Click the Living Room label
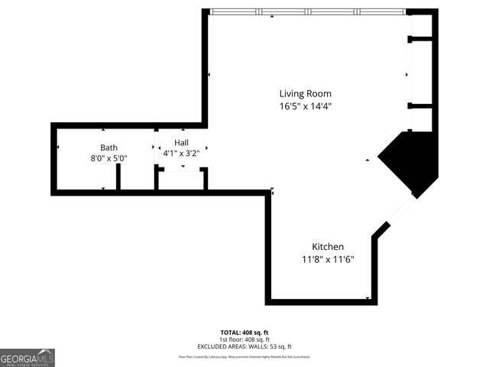click(x=305, y=93)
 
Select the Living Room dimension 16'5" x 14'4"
click(x=305, y=106)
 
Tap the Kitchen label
click(x=327, y=246)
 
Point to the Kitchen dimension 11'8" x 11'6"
click(x=327, y=259)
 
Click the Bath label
click(x=108, y=148)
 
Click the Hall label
click(x=181, y=143)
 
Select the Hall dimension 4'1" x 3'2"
click(x=181, y=153)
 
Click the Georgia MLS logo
click(x=28, y=358)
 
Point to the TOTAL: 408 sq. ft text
click(x=244, y=333)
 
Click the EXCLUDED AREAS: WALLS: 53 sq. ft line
click(x=244, y=346)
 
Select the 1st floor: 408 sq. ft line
click(x=244, y=339)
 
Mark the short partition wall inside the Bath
click(x=118, y=177)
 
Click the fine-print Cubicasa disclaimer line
click(x=244, y=356)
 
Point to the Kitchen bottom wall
click(x=321, y=301)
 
